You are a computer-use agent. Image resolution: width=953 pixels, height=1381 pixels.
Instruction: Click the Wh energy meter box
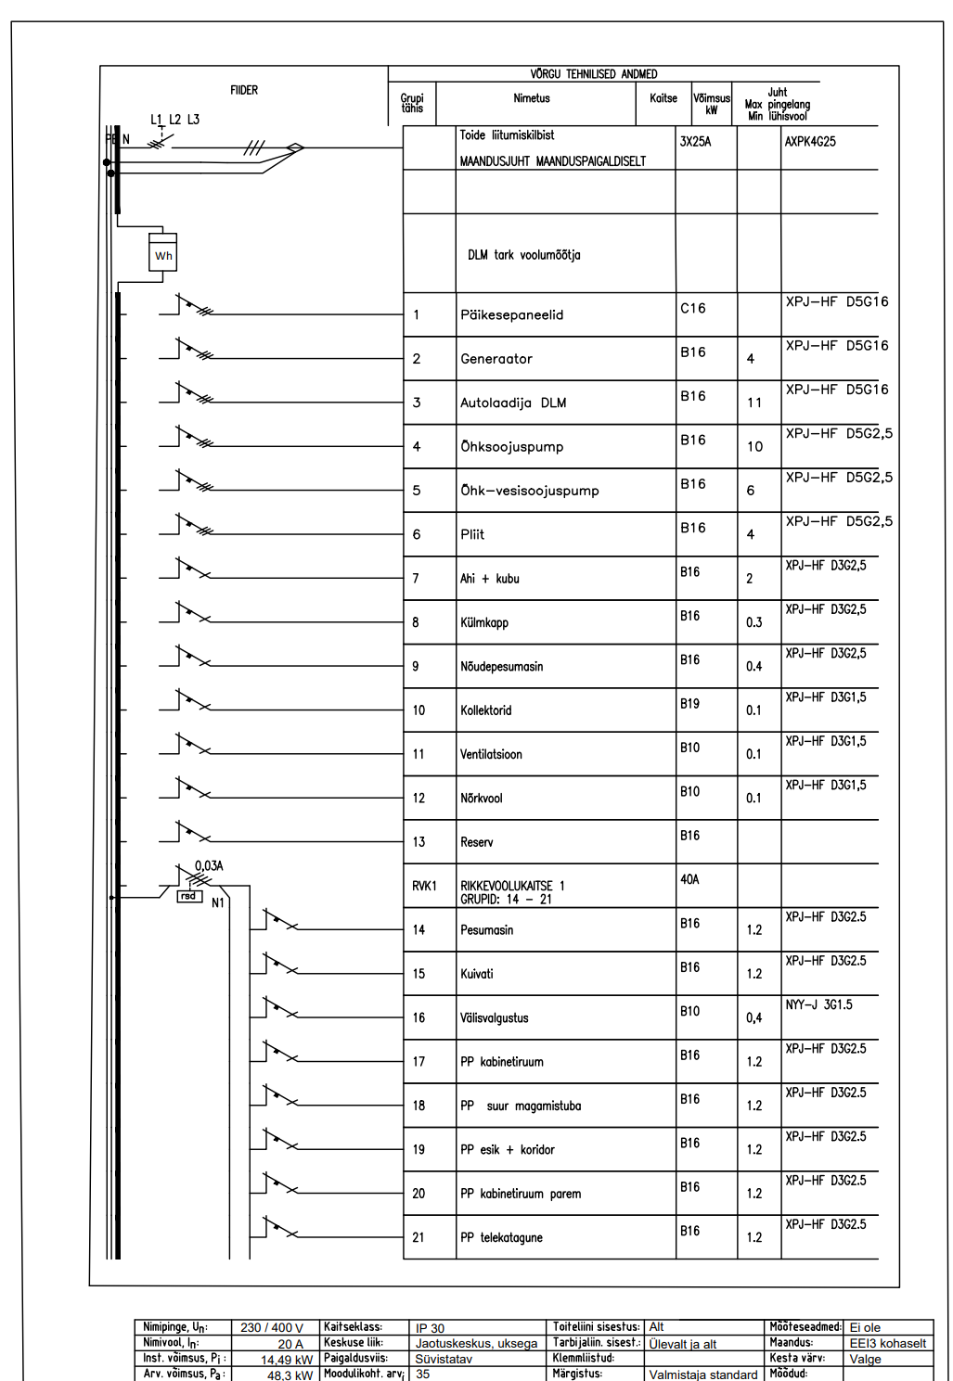pyautogui.click(x=163, y=255)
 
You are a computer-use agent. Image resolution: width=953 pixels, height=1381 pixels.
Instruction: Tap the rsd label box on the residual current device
pyautogui.click(x=189, y=896)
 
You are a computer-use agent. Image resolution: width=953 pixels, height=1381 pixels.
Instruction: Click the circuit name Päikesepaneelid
pyautogui.click(x=511, y=315)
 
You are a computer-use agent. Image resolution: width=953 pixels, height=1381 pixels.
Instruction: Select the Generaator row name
pyautogui.click(x=496, y=359)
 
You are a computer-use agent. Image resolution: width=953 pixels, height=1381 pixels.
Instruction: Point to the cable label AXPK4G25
pyautogui.click(x=810, y=142)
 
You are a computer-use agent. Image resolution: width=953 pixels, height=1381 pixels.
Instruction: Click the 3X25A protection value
pyautogui.click(x=695, y=142)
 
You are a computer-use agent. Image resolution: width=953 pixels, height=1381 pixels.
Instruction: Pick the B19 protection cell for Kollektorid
pyautogui.click(x=689, y=704)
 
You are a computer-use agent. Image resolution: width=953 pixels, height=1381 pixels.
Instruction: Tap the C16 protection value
pyautogui.click(x=693, y=309)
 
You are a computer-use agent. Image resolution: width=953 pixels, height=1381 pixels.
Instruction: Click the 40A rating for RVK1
pyautogui.click(x=689, y=879)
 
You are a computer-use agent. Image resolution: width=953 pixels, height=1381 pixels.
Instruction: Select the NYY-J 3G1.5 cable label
pyautogui.click(x=818, y=1004)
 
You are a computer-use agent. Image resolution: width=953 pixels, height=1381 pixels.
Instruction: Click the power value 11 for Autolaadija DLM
pyautogui.click(x=754, y=403)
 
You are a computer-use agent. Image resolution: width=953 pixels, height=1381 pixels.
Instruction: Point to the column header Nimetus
pyautogui.click(x=532, y=98)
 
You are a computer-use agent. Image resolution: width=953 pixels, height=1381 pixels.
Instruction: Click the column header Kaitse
pyautogui.click(x=663, y=98)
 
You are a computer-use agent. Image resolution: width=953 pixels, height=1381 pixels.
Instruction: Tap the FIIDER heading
pyautogui.click(x=244, y=90)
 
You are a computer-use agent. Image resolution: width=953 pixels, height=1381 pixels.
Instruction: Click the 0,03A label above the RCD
pyautogui.click(x=209, y=865)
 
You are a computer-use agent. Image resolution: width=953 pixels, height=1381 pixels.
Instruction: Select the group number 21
pyautogui.click(x=419, y=1237)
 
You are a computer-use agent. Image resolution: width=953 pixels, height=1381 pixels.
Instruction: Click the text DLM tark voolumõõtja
pyautogui.click(x=524, y=255)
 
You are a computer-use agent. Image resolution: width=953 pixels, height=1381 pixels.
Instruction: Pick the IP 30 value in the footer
pyautogui.click(x=430, y=1328)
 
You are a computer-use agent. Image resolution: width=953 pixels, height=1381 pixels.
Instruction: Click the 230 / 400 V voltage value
pyautogui.click(x=272, y=1328)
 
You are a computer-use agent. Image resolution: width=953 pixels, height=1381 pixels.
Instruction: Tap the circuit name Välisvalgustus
pyautogui.click(x=495, y=1017)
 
